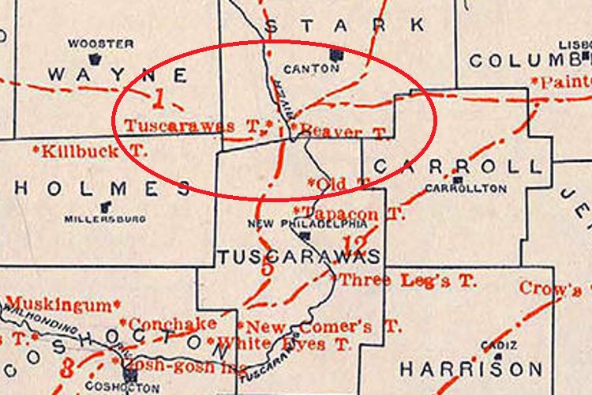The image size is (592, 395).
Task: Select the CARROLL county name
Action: coord(458,167)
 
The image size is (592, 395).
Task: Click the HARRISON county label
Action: coord(471,369)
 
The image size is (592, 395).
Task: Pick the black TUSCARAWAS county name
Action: coord(298,257)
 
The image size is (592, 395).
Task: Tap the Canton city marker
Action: coord(336,55)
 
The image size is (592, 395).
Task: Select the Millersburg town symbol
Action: coord(104,207)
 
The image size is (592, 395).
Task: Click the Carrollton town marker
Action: coord(455,180)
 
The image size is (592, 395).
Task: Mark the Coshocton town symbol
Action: coord(128,374)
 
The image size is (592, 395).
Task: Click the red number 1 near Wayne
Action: coord(159,100)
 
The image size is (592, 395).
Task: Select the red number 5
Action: coord(267,269)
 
